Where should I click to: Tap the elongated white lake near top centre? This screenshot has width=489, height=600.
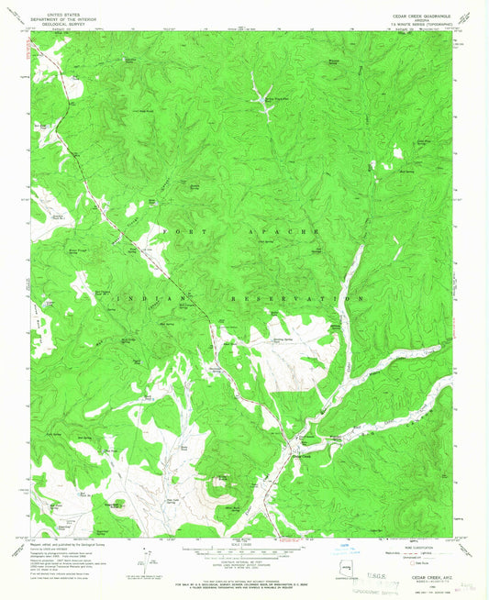[x=261, y=101]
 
